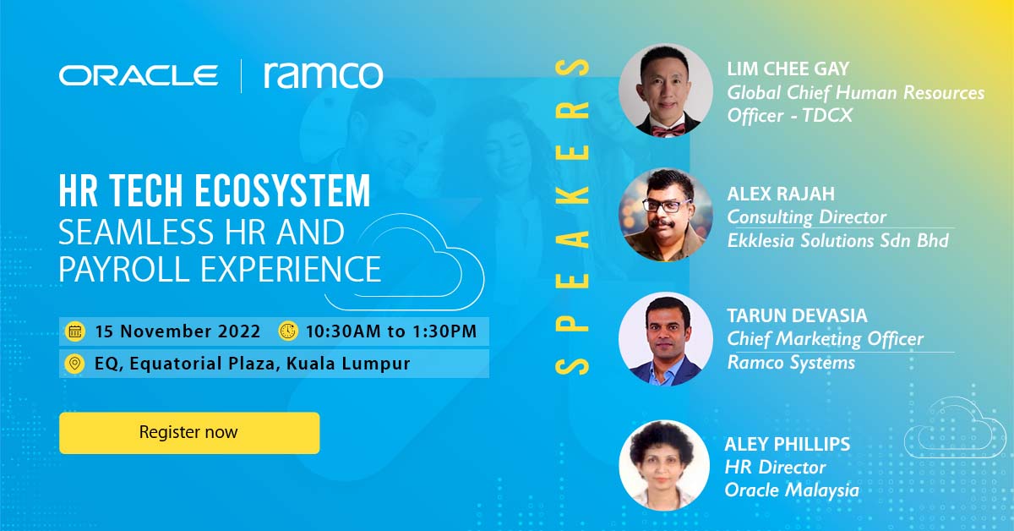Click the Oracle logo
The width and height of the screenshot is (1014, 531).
click(x=138, y=75)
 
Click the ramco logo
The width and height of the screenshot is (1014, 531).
click(x=323, y=75)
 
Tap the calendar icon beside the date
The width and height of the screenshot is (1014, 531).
click(x=75, y=331)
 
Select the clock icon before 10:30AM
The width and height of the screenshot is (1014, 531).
click(x=288, y=331)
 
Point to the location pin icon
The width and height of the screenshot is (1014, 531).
click(x=74, y=364)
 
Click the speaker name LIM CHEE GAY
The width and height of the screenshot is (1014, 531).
click(x=788, y=68)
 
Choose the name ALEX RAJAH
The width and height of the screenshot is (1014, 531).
click(x=781, y=194)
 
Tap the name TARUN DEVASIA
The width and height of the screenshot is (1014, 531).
click(x=797, y=315)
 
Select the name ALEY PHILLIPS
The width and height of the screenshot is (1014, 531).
click(x=788, y=444)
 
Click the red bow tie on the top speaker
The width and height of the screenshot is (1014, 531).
click(x=668, y=130)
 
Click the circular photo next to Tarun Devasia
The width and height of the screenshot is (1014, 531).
click(x=666, y=339)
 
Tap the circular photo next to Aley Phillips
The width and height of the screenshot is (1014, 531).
click(x=664, y=466)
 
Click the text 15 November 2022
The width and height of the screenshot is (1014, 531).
click(x=177, y=331)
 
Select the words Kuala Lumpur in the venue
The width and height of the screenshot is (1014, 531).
click(x=348, y=364)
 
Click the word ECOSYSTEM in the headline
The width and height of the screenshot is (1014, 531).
click(x=283, y=191)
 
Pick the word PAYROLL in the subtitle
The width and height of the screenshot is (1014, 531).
click(x=124, y=269)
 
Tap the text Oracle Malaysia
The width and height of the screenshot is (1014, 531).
click(x=792, y=490)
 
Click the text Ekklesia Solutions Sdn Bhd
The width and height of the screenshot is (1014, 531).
click(x=838, y=241)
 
